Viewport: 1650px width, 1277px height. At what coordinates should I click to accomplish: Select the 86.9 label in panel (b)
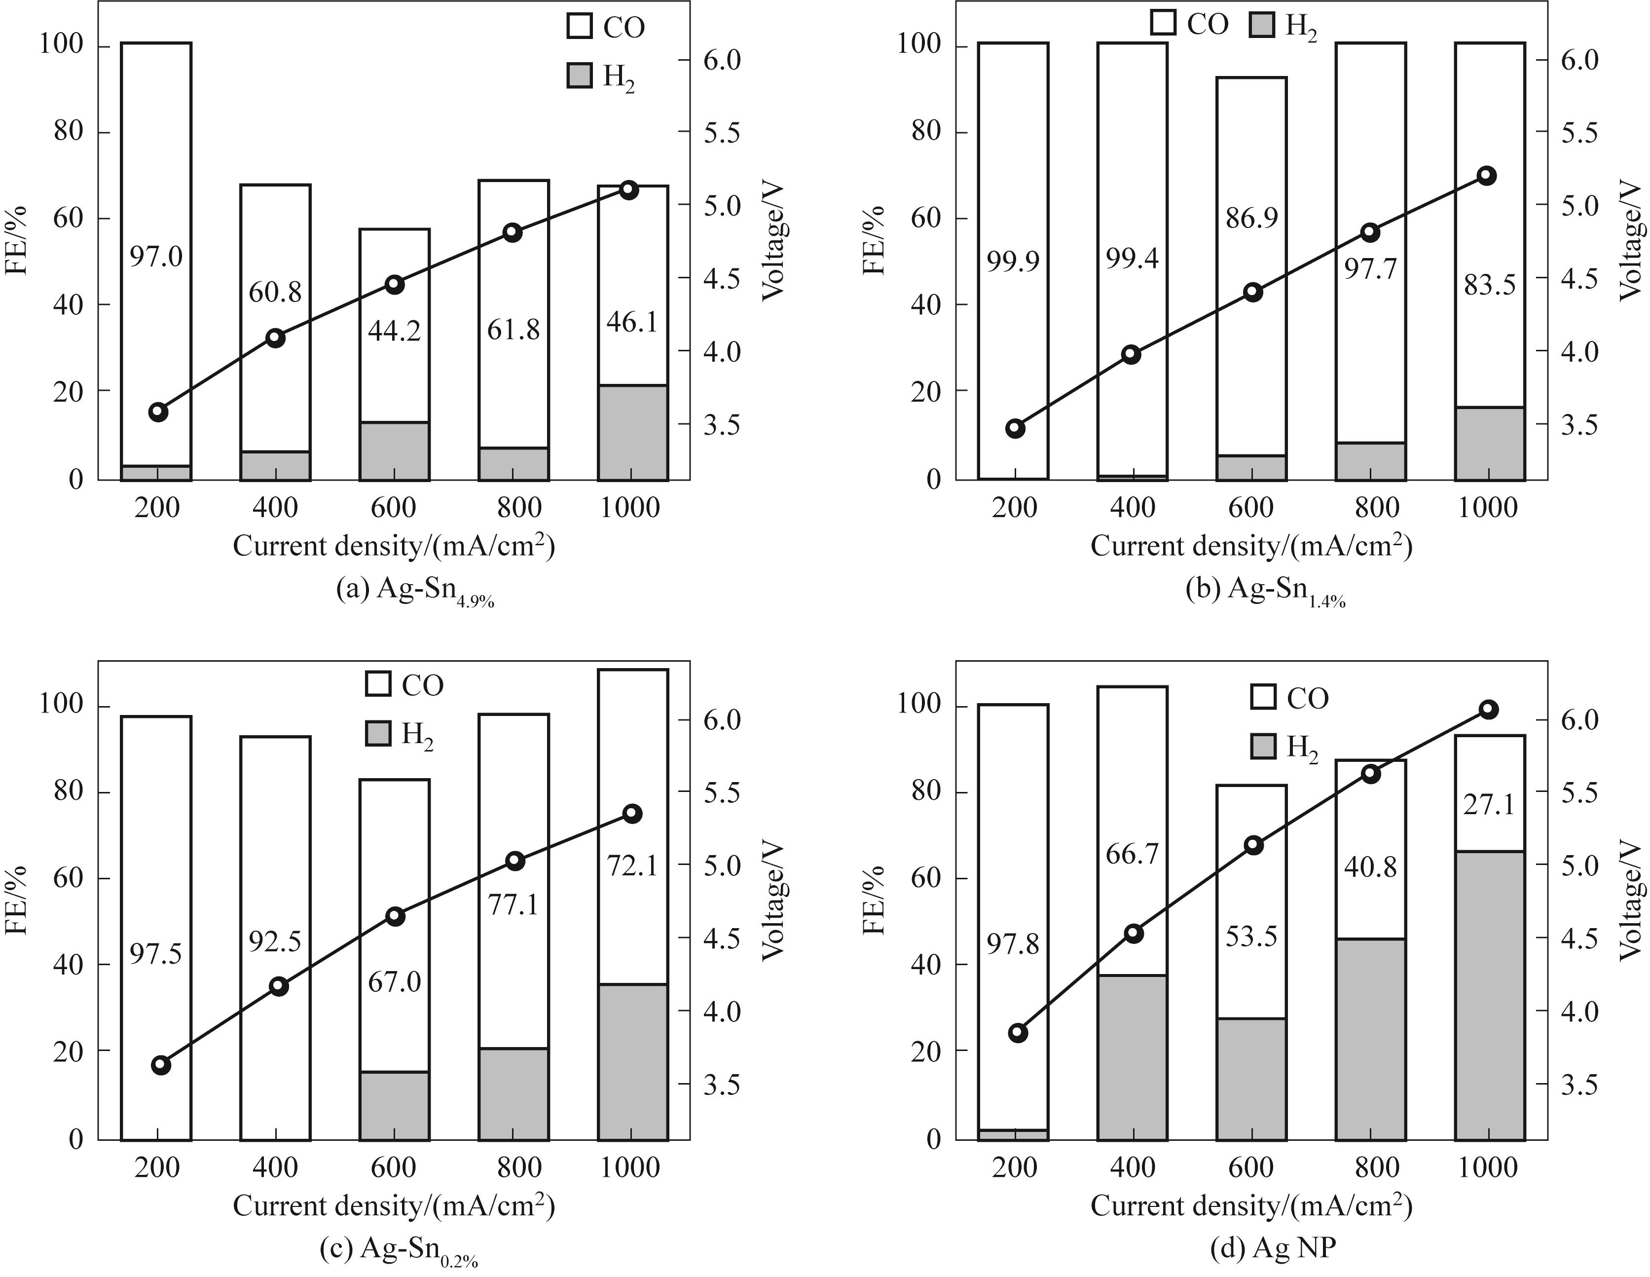pyautogui.click(x=1251, y=219)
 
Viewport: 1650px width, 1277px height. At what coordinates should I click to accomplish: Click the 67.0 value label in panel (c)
pyautogui.click(x=394, y=981)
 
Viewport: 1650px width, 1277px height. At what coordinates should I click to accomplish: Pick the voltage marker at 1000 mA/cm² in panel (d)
pyautogui.click(x=1488, y=709)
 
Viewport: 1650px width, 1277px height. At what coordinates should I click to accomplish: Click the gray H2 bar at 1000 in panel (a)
pyautogui.click(x=632, y=433)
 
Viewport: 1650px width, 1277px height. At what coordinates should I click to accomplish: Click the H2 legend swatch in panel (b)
pyautogui.click(x=1261, y=26)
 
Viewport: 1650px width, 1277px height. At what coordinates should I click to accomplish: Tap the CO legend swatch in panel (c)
pyautogui.click(x=378, y=684)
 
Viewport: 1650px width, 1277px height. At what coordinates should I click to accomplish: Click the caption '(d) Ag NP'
pyautogui.click(x=1272, y=1248)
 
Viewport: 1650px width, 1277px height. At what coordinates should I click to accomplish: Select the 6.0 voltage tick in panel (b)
pyautogui.click(x=1579, y=61)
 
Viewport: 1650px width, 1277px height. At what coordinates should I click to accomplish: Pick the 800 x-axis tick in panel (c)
pyautogui.click(x=519, y=1167)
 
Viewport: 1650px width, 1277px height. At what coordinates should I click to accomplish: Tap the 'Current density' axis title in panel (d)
pyautogui.click(x=1250, y=1206)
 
